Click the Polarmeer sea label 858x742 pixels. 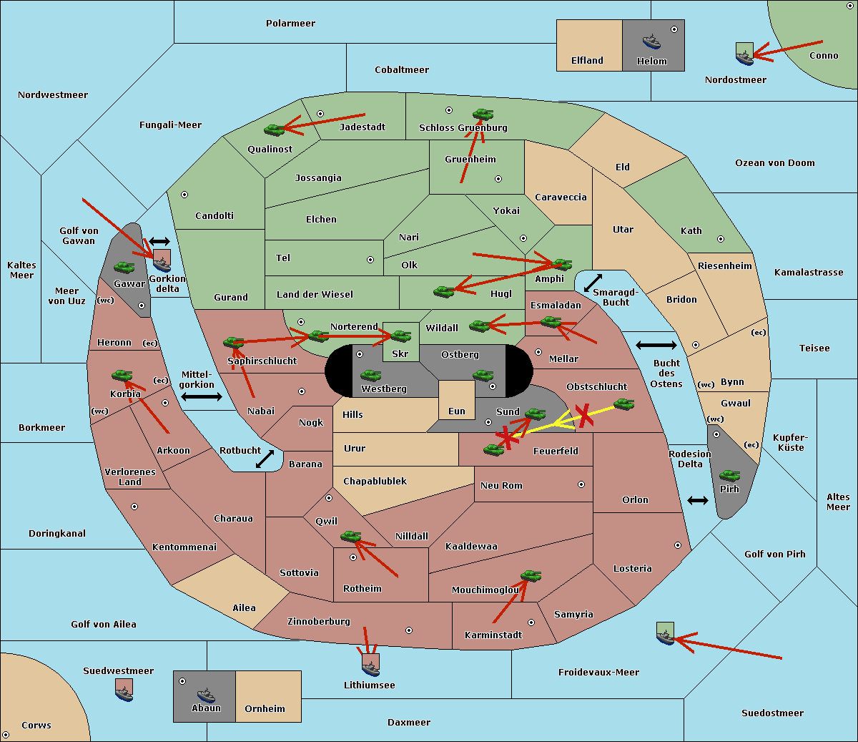click(x=290, y=24)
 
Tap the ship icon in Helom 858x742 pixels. click(x=651, y=42)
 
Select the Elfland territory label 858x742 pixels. click(x=587, y=61)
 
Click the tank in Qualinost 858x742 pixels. click(x=275, y=130)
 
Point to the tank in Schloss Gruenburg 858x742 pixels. click(x=483, y=114)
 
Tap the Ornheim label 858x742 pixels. click(x=265, y=709)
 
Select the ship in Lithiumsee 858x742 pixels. click(x=370, y=665)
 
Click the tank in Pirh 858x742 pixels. click(x=730, y=476)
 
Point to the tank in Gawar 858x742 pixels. click(x=124, y=267)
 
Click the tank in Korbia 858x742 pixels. click(x=122, y=375)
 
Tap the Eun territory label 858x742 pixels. click(x=457, y=411)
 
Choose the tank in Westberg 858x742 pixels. click(x=371, y=375)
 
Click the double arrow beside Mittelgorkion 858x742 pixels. click(x=202, y=397)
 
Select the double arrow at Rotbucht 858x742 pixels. click(x=265, y=459)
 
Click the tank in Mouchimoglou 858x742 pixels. click(x=531, y=575)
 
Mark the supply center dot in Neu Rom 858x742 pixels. click(x=581, y=484)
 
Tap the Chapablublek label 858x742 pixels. click(x=375, y=482)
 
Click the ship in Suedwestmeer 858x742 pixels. click(x=124, y=690)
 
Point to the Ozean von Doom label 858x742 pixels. click(x=775, y=163)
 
